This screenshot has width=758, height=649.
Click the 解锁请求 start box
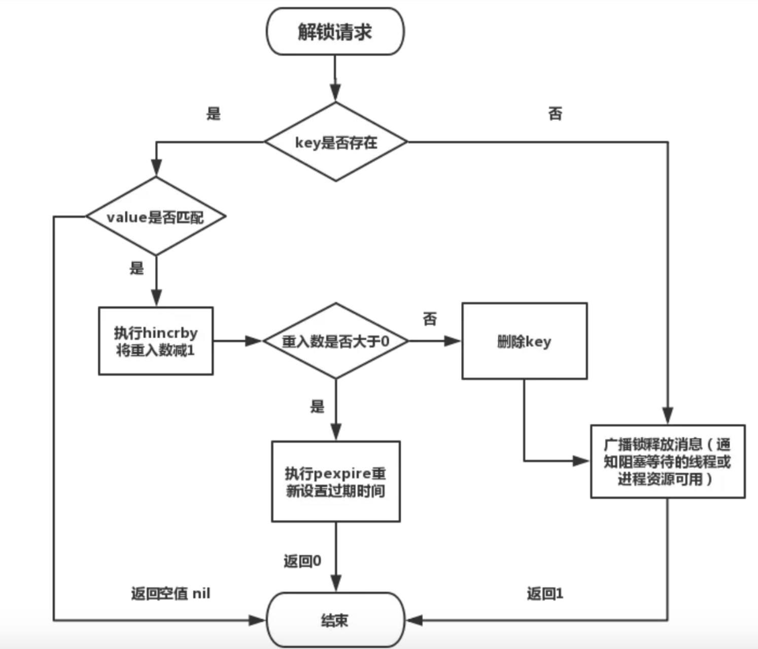[x=335, y=31]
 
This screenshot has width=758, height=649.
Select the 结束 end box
[x=335, y=620]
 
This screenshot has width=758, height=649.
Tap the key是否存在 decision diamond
[x=336, y=142]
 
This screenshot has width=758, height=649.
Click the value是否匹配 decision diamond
[x=156, y=217]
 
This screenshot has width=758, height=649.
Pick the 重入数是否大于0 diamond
[x=335, y=341]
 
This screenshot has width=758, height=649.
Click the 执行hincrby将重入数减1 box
[x=156, y=341]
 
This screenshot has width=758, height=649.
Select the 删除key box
[x=524, y=341]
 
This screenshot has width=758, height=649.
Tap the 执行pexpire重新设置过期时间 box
[x=335, y=481]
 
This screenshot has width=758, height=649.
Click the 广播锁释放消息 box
[x=667, y=461]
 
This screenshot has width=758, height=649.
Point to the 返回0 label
[x=302, y=561]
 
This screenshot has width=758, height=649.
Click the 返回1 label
[x=545, y=593]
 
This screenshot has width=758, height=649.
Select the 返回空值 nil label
[x=170, y=593]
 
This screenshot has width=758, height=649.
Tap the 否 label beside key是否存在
[x=556, y=113]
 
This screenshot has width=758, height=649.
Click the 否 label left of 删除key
[x=430, y=319]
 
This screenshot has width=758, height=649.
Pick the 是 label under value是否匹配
[x=136, y=268]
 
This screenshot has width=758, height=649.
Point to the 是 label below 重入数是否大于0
[x=317, y=406]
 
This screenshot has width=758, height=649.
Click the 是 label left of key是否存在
[x=214, y=113]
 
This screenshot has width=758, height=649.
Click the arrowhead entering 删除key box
[x=453, y=341]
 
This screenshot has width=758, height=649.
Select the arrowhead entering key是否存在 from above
[x=335, y=93]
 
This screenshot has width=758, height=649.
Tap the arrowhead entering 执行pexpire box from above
[x=335, y=432]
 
